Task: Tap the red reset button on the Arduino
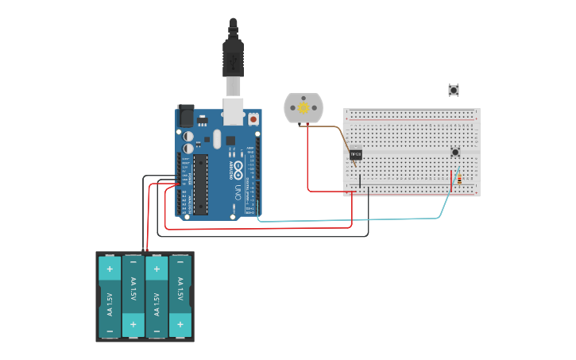point(253,119)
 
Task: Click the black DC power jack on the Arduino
point(185,116)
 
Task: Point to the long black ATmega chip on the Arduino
point(200,184)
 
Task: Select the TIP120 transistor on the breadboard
point(356,154)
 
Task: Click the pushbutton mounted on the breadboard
point(455,152)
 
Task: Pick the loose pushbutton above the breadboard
point(454,90)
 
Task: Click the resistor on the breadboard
point(460,180)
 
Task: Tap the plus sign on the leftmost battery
point(110,269)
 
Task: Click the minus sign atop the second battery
point(133,261)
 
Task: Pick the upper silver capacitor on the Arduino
point(188,135)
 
